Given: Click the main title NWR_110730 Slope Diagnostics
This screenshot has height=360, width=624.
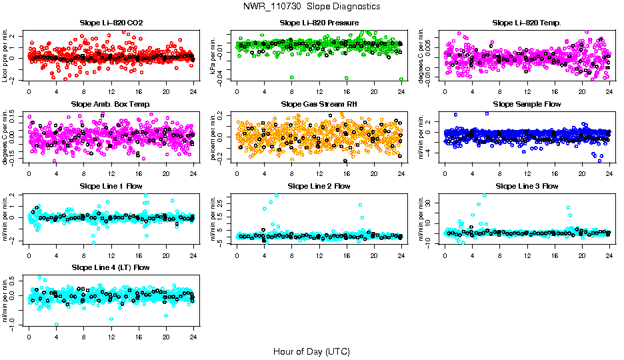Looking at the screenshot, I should (x=312, y=6).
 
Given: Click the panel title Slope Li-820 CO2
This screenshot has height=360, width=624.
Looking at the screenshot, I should (x=111, y=23).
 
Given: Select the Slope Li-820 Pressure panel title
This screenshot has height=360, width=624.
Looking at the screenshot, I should (x=319, y=23).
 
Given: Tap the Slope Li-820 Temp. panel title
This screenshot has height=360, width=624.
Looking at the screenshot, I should (x=527, y=23).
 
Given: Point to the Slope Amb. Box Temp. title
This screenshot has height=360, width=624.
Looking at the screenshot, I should (x=111, y=104).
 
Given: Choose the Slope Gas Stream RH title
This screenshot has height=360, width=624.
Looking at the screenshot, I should (x=319, y=104).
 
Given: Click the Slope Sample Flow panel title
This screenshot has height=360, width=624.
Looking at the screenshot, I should (x=527, y=104).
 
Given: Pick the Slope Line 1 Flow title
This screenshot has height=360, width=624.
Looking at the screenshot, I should (x=111, y=186).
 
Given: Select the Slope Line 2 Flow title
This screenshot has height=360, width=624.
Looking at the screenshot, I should (x=319, y=186).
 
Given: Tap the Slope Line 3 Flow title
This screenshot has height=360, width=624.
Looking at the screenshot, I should (x=527, y=186).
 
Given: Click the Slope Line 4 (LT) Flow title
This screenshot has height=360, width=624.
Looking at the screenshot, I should (x=111, y=267).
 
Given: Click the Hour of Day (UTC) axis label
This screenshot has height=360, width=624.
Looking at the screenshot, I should (x=311, y=351).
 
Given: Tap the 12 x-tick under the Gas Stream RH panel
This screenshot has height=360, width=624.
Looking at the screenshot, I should (x=319, y=173).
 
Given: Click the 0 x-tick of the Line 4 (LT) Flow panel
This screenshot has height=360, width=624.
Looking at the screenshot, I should (x=29, y=337).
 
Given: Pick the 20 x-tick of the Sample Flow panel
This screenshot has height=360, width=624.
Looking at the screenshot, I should (x=581, y=173).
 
